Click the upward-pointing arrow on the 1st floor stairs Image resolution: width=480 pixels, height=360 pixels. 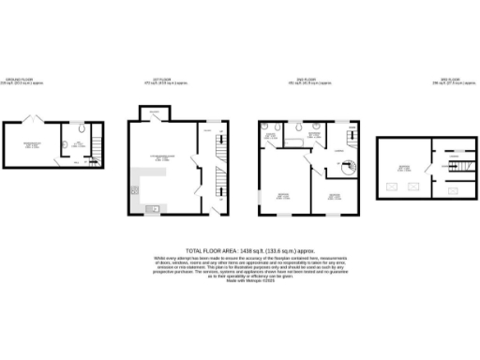[221, 196]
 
